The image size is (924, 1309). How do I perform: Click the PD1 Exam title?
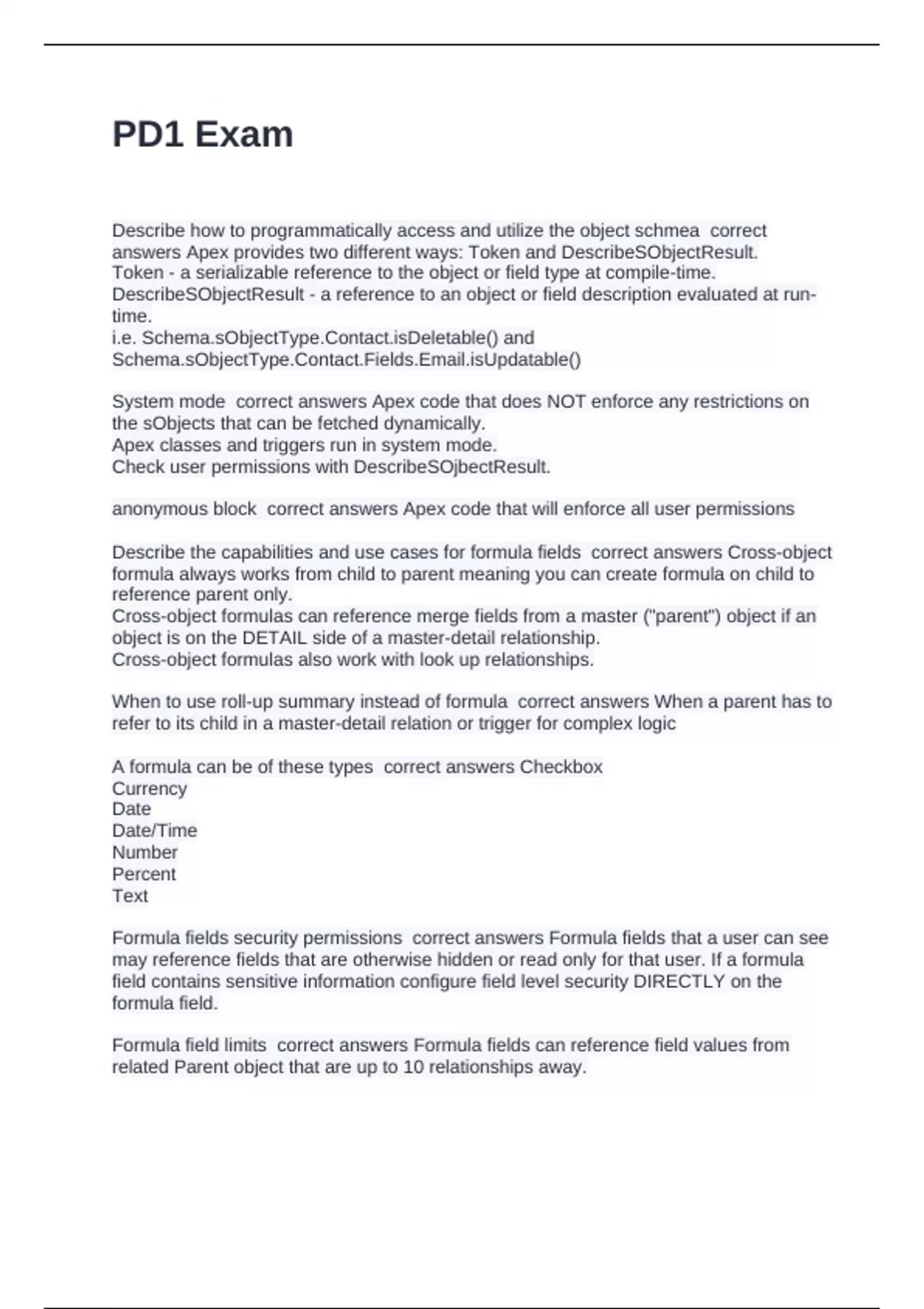pyautogui.click(x=203, y=135)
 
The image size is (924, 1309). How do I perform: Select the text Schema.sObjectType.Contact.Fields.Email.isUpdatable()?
pyautogui.click(x=346, y=360)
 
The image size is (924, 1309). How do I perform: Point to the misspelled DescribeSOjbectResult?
pyautogui.click(x=451, y=467)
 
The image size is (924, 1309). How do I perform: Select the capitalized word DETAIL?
pyautogui.click(x=274, y=638)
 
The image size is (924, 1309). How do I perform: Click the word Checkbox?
pyautogui.click(x=561, y=767)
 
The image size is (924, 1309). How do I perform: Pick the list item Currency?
pyautogui.click(x=149, y=788)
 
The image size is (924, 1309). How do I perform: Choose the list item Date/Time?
pyautogui.click(x=155, y=831)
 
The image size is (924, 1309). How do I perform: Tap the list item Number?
pyautogui.click(x=145, y=852)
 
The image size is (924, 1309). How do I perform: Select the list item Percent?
pyautogui.click(x=144, y=874)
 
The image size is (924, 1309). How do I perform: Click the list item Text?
pyautogui.click(x=130, y=896)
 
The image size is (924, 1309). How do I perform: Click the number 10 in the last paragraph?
pyautogui.click(x=413, y=1067)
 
